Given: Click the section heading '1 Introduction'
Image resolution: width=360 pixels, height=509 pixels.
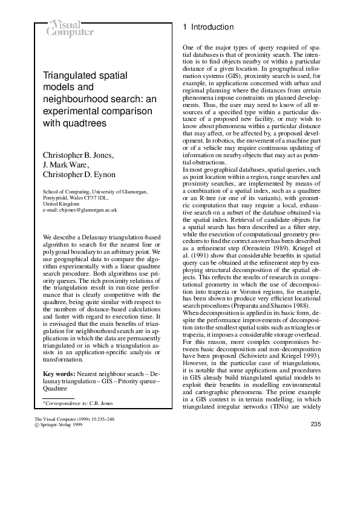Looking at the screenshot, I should [208, 27].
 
